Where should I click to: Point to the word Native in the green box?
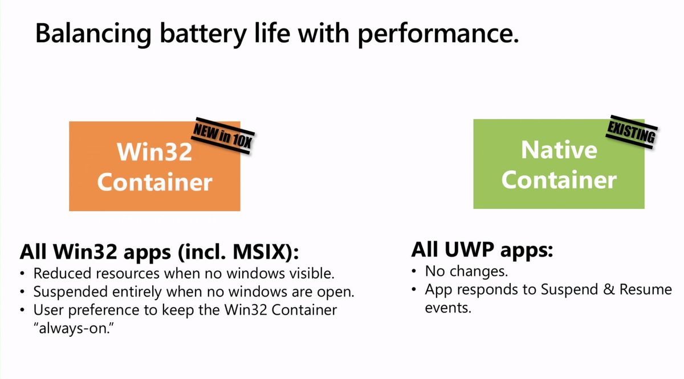click(x=559, y=150)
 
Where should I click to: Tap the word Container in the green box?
click(x=559, y=180)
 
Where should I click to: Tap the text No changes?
click(x=466, y=270)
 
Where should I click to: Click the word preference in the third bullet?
click(x=106, y=310)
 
